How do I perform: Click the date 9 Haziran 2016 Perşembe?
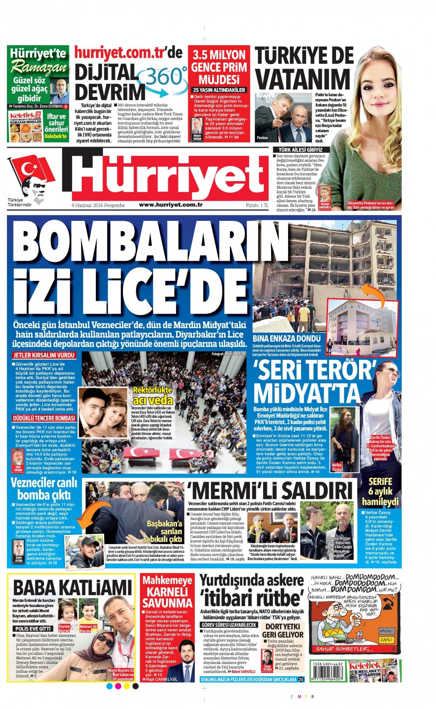tap(98, 205)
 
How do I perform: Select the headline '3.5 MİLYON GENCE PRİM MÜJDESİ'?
tap(219, 67)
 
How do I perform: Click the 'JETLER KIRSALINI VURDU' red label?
tap(44, 355)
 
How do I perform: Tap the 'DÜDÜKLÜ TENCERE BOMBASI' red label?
tap(44, 418)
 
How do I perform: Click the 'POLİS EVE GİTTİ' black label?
tap(33, 628)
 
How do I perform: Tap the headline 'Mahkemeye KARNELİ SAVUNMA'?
tap(167, 592)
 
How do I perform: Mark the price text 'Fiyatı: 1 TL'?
tap(257, 205)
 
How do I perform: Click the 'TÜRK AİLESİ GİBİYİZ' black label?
tap(300, 150)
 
